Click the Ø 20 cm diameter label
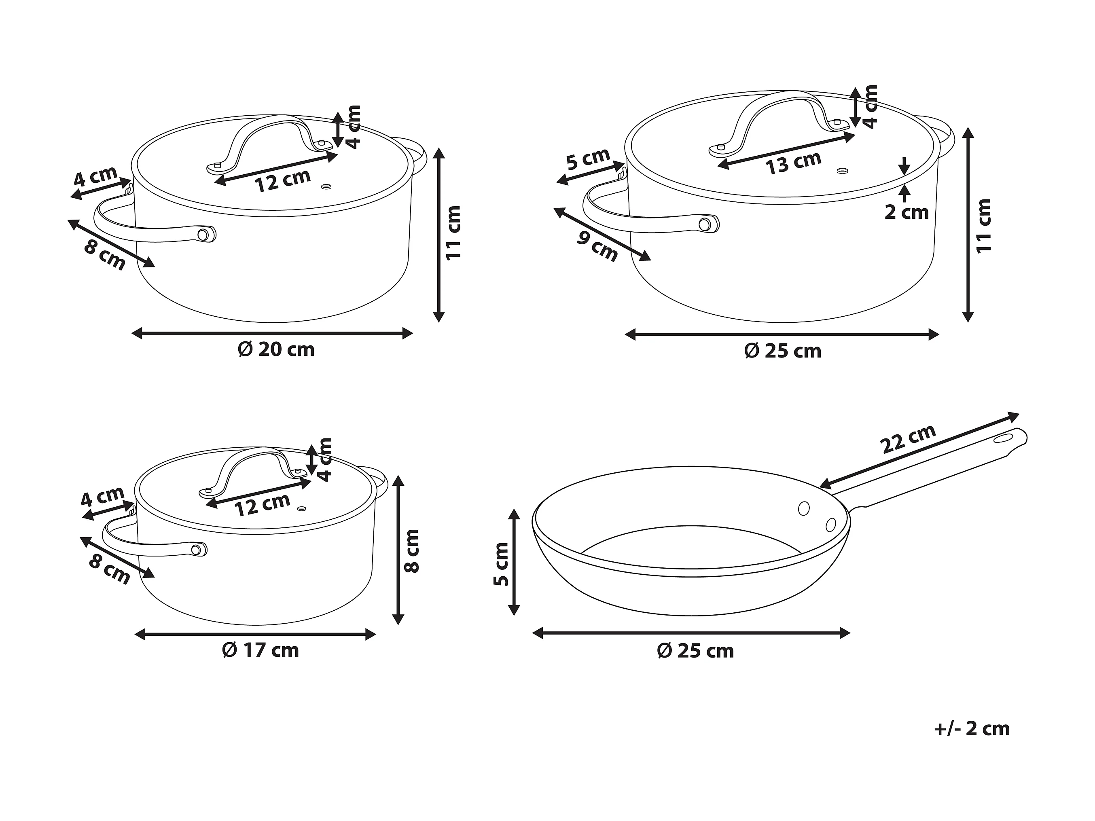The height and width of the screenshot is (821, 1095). pos(276,349)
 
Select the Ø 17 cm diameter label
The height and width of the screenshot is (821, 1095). pos(261,650)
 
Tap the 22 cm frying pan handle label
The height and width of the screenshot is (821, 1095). pos(909,439)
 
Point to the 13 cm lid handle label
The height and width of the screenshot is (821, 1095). pos(794,162)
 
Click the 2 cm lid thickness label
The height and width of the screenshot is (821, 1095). pos(906,212)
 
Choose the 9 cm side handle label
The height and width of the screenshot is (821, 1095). pos(597,246)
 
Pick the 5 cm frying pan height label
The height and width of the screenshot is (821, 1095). pos(502,564)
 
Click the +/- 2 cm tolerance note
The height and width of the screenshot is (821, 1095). pos(972,729)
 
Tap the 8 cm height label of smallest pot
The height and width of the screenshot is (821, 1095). pos(412,551)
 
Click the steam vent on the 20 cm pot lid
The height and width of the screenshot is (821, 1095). pos(326,186)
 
